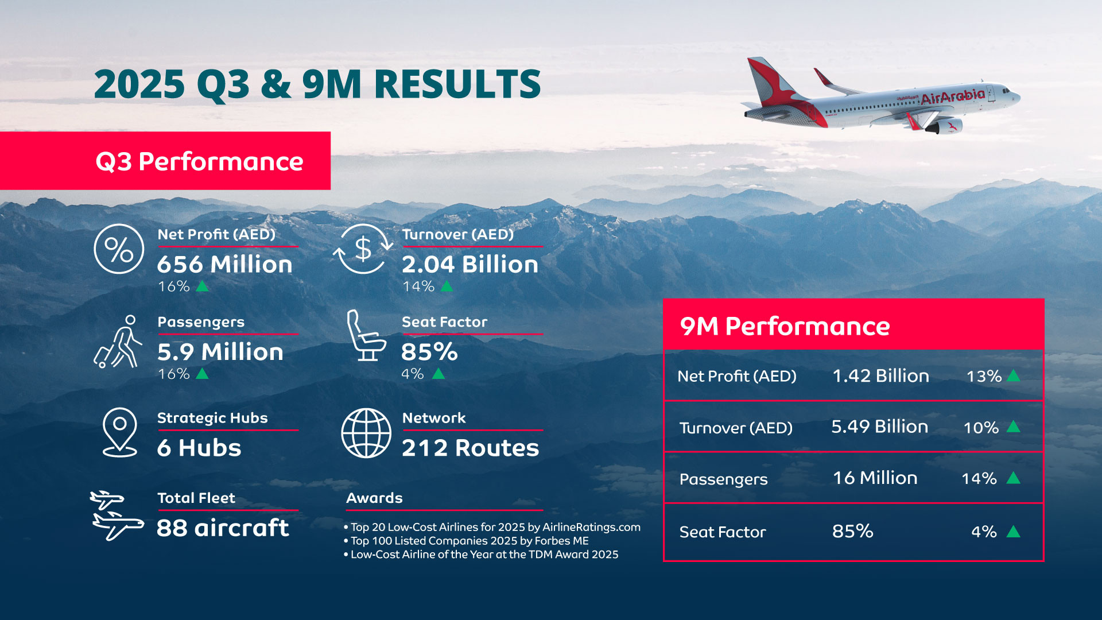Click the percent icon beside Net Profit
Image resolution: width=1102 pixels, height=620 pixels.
click(x=119, y=249)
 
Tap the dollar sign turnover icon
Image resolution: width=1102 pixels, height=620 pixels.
click(x=363, y=249)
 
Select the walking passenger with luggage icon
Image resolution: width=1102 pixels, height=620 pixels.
click(x=118, y=342)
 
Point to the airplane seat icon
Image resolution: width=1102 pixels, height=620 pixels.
click(x=366, y=335)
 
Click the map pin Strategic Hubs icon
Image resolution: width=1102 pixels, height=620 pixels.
click(x=120, y=432)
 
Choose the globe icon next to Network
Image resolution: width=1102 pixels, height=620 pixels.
click(x=366, y=433)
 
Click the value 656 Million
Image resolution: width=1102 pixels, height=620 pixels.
click(x=225, y=264)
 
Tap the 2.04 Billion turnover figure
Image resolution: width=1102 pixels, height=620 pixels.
click(x=470, y=264)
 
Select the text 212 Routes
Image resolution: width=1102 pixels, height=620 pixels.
click(x=471, y=448)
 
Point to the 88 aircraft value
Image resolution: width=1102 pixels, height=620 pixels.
click(x=223, y=528)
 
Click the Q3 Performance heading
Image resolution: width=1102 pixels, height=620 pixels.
click(x=199, y=162)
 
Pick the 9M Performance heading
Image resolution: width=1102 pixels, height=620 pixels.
click(x=785, y=326)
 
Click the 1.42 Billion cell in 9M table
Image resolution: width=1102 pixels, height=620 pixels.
click(x=880, y=376)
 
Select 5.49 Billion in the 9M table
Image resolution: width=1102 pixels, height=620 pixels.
click(x=879, y=427)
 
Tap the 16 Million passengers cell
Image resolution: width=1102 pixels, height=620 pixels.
click(x=875, y=478)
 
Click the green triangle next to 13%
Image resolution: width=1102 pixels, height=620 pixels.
click(x=1014, y=376)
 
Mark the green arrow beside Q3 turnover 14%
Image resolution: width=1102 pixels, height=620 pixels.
click(x=447, y=286)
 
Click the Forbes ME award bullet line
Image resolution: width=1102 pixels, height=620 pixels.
click(x=466, y=541)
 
